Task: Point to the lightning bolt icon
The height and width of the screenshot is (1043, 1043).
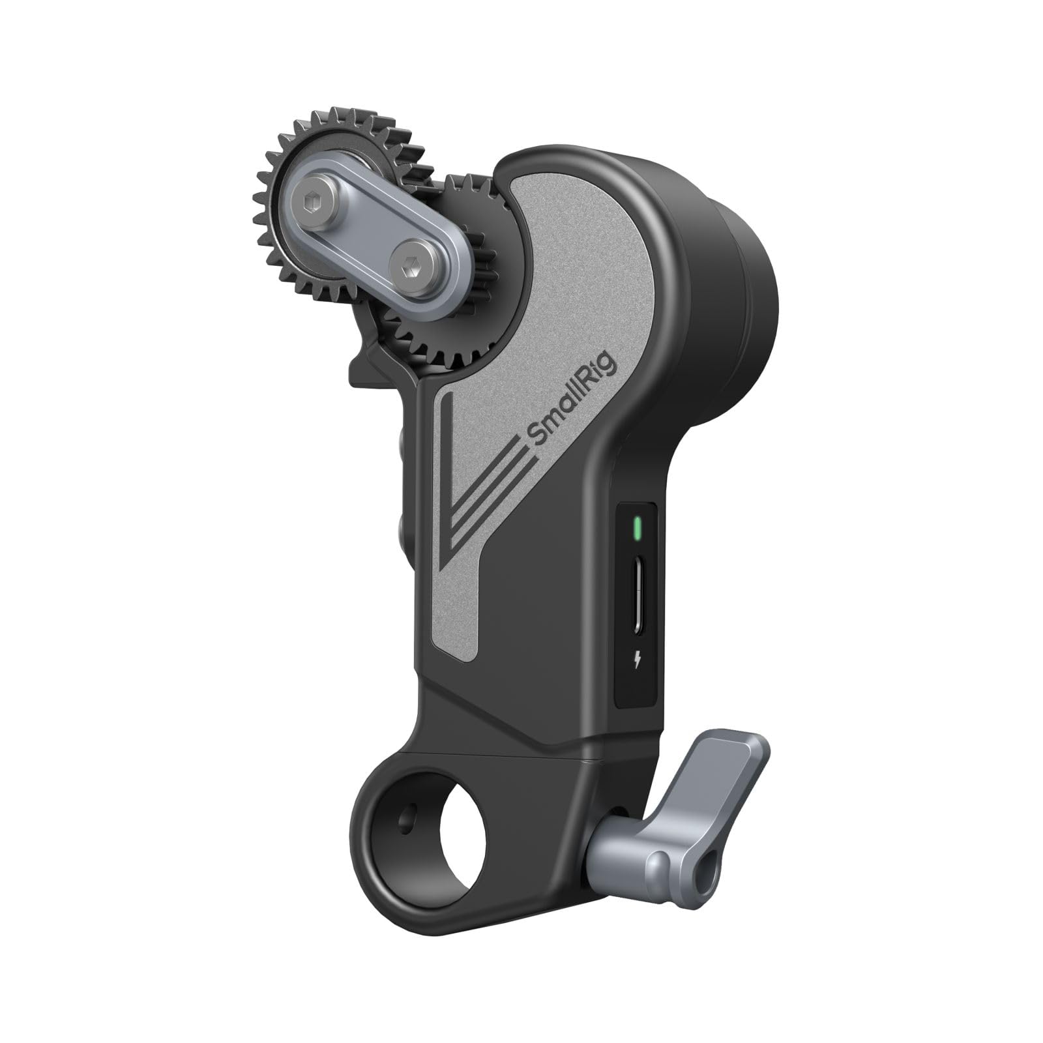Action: tap(637, 664)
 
